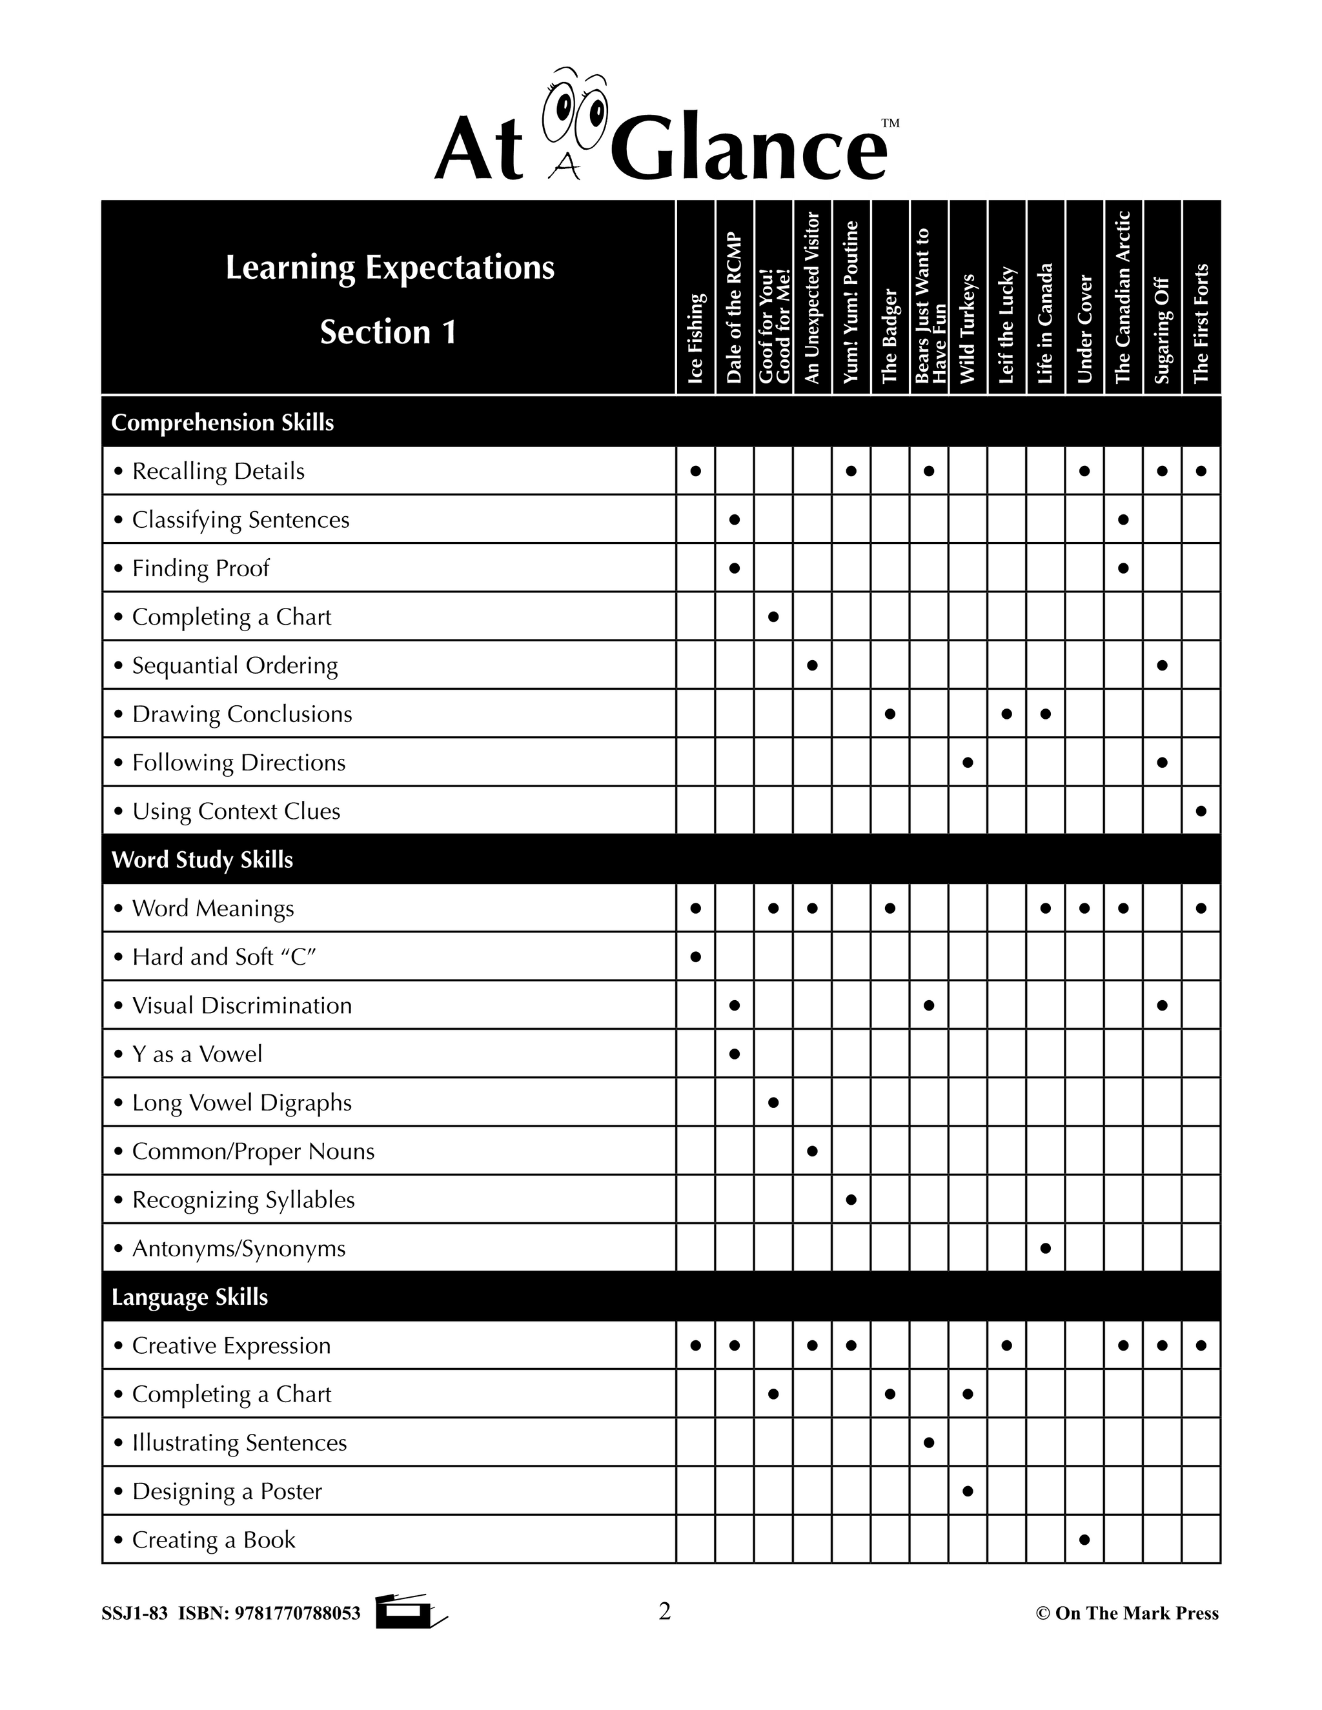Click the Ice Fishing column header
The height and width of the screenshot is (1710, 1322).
coord(695,337)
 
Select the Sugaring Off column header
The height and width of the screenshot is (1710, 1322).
coord(1161,330)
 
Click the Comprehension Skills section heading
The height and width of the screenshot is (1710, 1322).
coord(223,423)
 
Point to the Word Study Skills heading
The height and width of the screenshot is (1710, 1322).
coord(202,860)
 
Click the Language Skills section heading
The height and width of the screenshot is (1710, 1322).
coord(190,1298)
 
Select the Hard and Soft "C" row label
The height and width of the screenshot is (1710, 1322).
coord(223,957)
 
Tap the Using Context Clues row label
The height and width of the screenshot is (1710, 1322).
coord(236,811)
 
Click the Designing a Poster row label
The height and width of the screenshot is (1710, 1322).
coord(227,1491)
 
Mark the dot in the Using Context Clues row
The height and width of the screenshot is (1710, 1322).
coord(1201,811)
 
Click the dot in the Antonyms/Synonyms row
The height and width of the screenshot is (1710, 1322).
coord(1046,1248)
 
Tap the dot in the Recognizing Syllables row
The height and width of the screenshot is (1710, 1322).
coord(851,1200)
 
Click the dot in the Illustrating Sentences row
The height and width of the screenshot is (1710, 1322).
coord(929,1442)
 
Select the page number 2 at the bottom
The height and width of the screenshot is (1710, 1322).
coord(664,1611)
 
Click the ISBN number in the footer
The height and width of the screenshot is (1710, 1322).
coord(297,1614)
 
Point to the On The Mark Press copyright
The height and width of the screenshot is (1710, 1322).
coord(1127,1614)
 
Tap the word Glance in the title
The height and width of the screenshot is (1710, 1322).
coord(748,149)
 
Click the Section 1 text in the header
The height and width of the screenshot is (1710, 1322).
coord(389,332)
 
